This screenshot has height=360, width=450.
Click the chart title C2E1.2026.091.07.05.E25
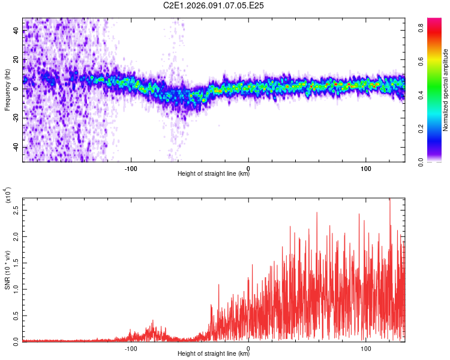coord(214,5)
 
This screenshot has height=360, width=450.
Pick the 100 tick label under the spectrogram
coord(365,167)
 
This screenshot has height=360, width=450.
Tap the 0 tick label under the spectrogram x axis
coord(248,167)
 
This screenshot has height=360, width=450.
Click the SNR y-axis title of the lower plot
coord(7,270)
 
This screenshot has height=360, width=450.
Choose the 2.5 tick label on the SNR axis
coord(14,211)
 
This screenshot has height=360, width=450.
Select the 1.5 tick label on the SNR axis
coord(14,262)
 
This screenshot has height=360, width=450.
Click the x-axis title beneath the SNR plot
coord(214,354)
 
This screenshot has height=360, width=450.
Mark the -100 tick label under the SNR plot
coord(131,347)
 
